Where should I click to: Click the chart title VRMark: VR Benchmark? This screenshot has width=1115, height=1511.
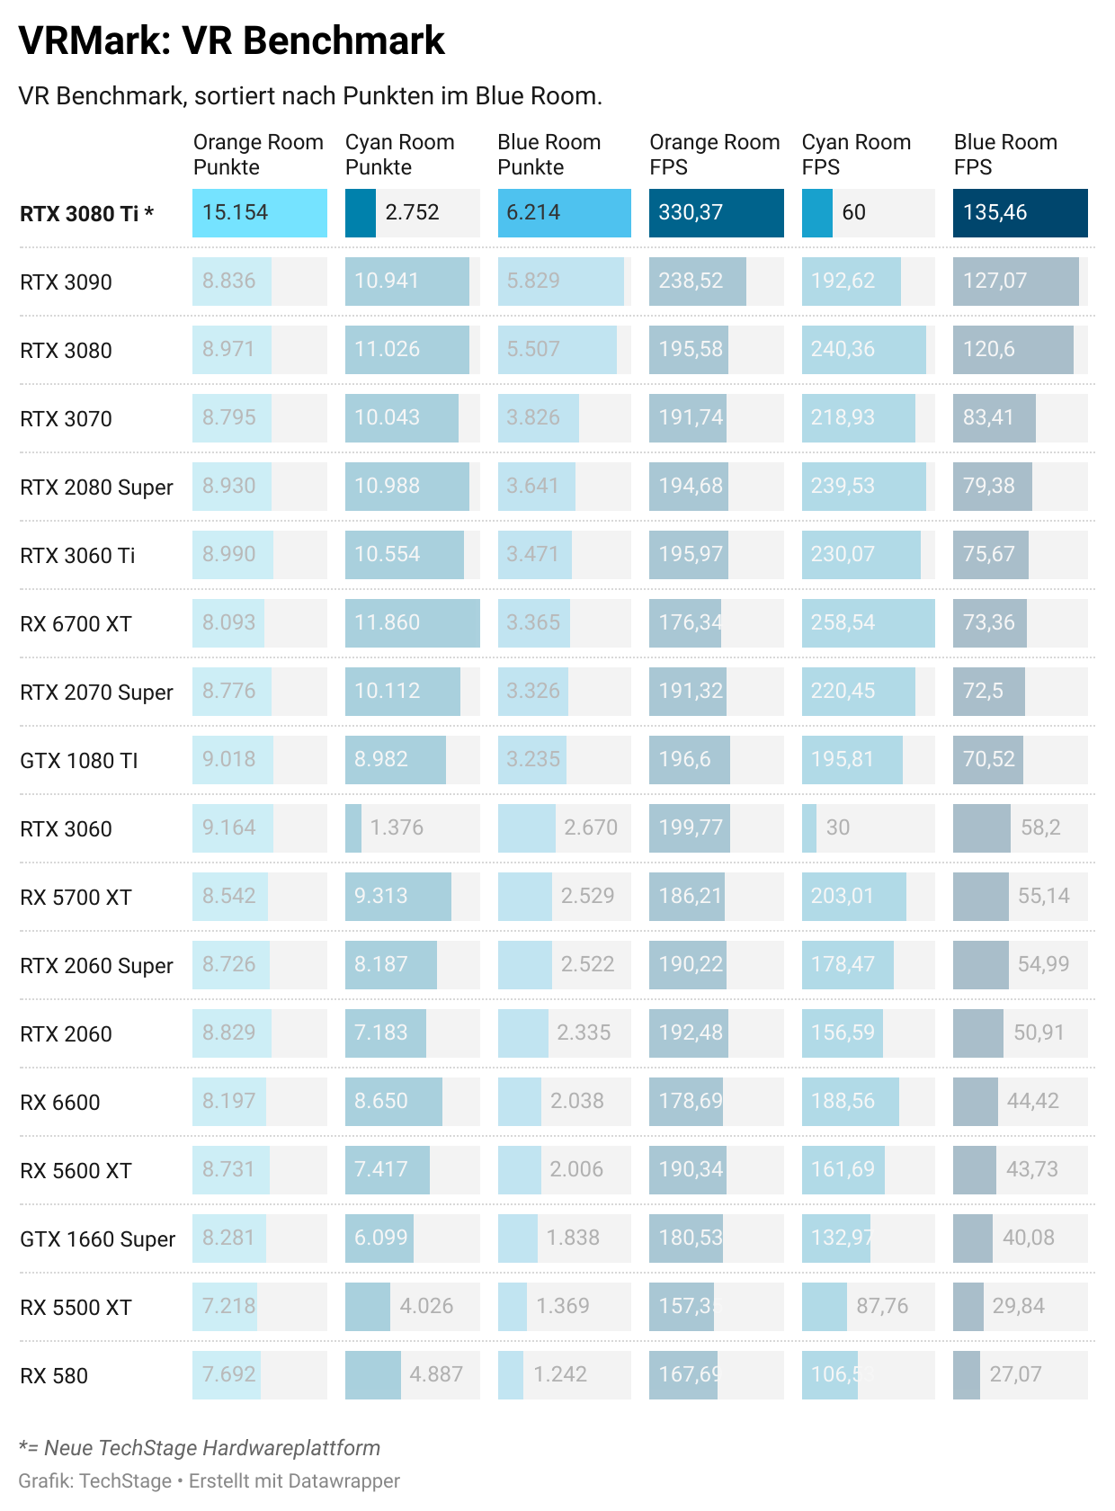231,41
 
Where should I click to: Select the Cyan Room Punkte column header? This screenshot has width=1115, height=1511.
399,155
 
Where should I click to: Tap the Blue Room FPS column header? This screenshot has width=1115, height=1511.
1004,155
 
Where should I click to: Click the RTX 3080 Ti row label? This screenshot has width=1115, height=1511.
86,214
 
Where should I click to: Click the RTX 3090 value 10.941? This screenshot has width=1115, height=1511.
387,282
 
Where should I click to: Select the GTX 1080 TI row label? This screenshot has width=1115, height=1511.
79,761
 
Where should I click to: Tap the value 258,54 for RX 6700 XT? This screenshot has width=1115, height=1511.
843,623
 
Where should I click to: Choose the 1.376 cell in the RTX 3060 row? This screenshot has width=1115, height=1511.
397,828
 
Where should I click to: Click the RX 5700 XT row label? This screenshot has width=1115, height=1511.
76,898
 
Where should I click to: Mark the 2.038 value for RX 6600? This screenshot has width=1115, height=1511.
576,1102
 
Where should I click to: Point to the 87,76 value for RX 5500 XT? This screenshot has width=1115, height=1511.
882,1307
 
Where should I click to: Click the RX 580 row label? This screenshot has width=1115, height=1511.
54,1376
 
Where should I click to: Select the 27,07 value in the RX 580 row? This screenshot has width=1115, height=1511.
1015,1375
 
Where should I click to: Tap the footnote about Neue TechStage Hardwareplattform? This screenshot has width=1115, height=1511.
200,1448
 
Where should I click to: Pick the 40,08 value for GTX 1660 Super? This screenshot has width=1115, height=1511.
1028,1238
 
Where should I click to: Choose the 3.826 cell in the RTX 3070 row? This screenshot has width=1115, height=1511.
532,418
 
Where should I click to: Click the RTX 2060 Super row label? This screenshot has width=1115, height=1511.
96,966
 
